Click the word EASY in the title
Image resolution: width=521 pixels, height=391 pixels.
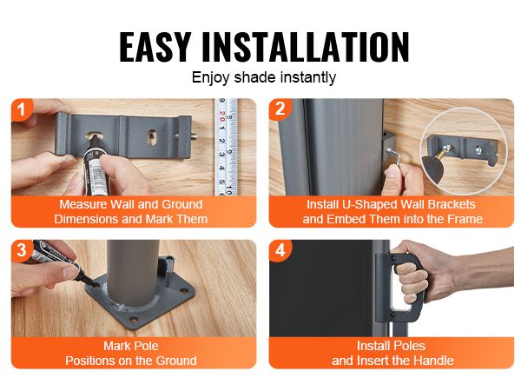(x=155, y=47)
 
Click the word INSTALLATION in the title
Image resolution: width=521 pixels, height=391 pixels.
(x=306, y=47)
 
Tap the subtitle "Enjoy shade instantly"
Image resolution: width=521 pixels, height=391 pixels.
(x=264, y=78)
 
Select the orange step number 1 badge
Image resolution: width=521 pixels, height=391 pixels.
(x=21, y=109)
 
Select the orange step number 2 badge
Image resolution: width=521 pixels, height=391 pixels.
(x=280, y=109)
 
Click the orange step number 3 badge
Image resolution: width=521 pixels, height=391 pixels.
(x=21, y=250)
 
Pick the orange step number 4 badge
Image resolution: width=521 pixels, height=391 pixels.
(x=280, y=250)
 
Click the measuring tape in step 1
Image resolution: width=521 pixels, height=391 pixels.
(x=225, y=147)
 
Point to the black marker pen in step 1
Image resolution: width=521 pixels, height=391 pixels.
(x=95, y=164)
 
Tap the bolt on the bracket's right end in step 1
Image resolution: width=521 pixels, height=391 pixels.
(x=193, y=136)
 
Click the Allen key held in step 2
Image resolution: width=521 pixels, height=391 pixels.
(x=395, y=156)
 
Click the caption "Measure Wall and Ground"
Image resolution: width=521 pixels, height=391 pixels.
(x=131, y=204)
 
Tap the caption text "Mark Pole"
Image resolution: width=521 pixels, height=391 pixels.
(x=131, y=346)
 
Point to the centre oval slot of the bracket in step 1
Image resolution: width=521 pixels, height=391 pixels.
(x=152, y=136)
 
